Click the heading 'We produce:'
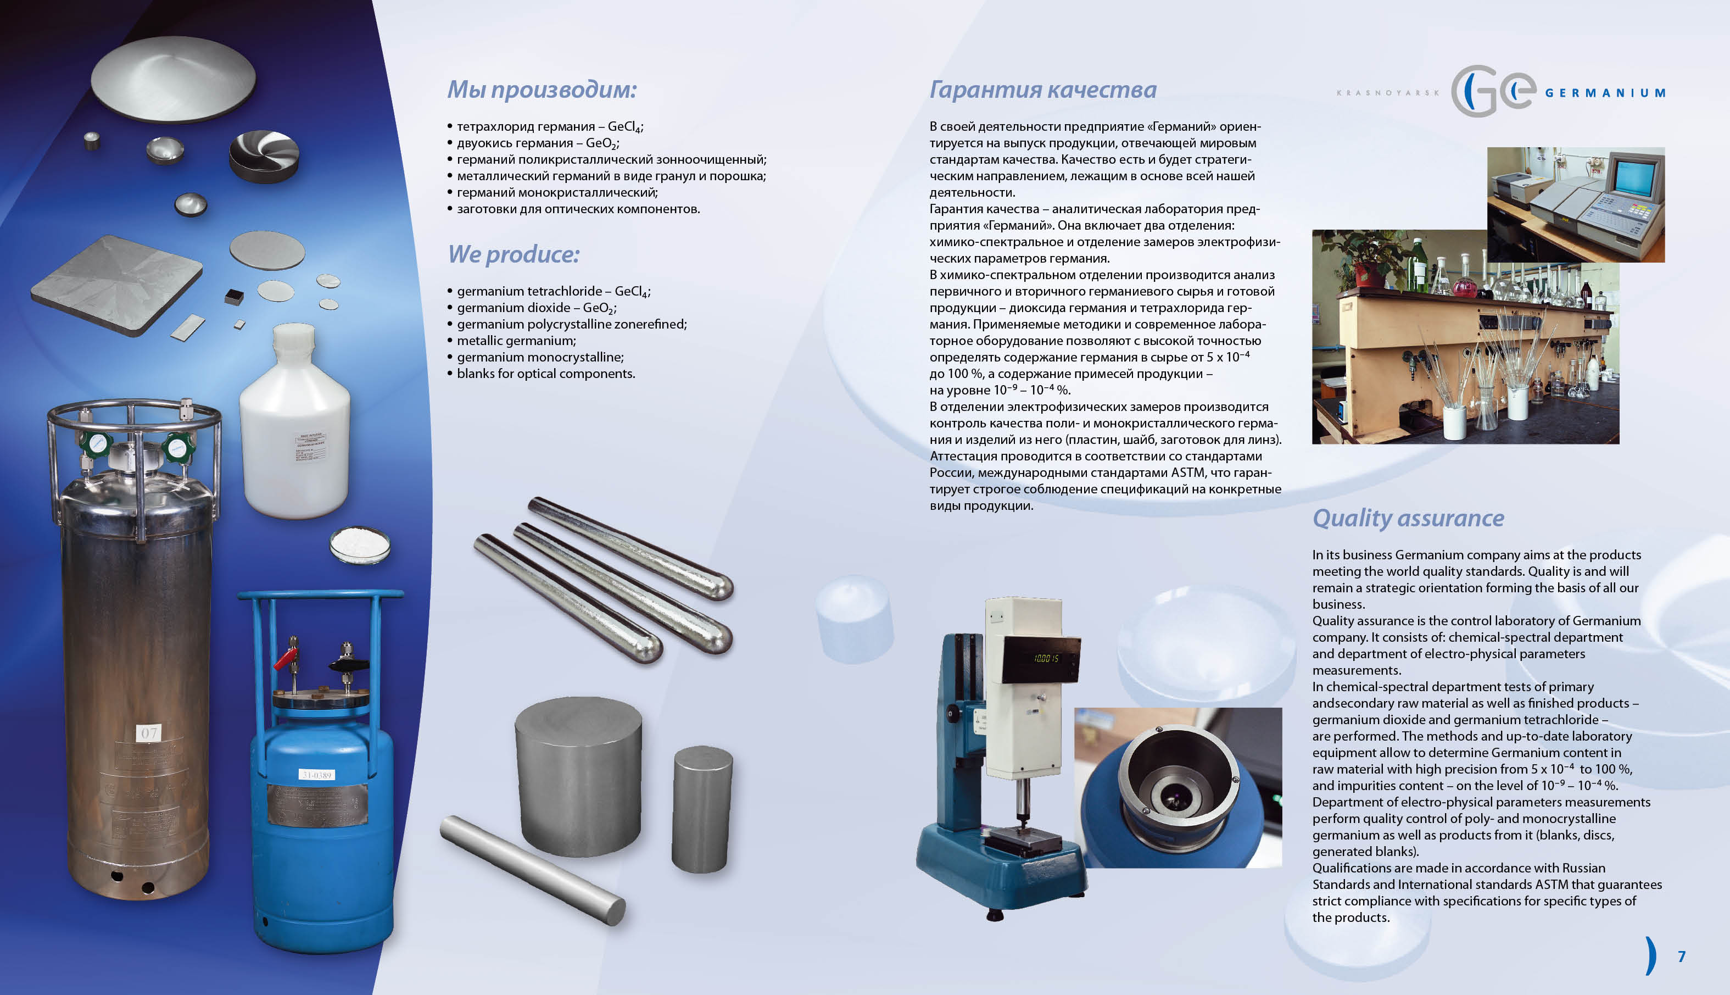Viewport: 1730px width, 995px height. (x=514, y=254)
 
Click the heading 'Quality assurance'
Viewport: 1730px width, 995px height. (x=1408, y=518)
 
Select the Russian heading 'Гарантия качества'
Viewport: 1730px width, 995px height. (x=1043, y=90)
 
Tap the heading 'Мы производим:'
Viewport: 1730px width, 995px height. (x=542, y=90)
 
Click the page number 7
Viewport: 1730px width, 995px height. (x=1682, y=956)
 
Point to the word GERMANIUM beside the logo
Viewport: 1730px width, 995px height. (x=1605, y=93)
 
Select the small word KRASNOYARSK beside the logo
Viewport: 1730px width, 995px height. (x=1387, y=93)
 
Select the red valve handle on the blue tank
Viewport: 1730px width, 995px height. (x=286, y=659)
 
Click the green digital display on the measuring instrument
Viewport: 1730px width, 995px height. (x=1046, y=658)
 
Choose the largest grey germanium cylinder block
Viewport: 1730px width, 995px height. (x=578, y=776)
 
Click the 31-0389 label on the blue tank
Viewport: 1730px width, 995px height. (x=316, y=774)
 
